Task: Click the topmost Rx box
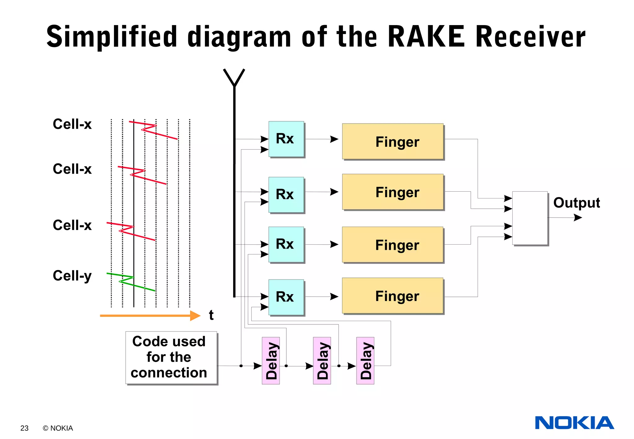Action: click(286, 139)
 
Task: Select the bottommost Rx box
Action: click(286, 297)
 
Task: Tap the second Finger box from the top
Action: click(393, 192)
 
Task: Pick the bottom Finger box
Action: click(393, 296)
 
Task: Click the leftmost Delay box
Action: click(271, 361)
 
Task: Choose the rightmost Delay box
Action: click(365, 361)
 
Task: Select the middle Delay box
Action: click(322, 361)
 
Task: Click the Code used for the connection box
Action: click(171, 358)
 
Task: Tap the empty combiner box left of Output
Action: click(530, 218)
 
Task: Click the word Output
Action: click(576, 203)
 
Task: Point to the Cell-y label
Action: click(72, 276)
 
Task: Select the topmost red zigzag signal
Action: click(153, 130)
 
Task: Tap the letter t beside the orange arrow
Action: click(211, 315)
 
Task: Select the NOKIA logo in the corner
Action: click(574, 423)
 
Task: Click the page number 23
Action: click(24, 428)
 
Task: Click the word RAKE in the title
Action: click(426, 37)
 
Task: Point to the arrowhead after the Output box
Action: click(578, 218)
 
